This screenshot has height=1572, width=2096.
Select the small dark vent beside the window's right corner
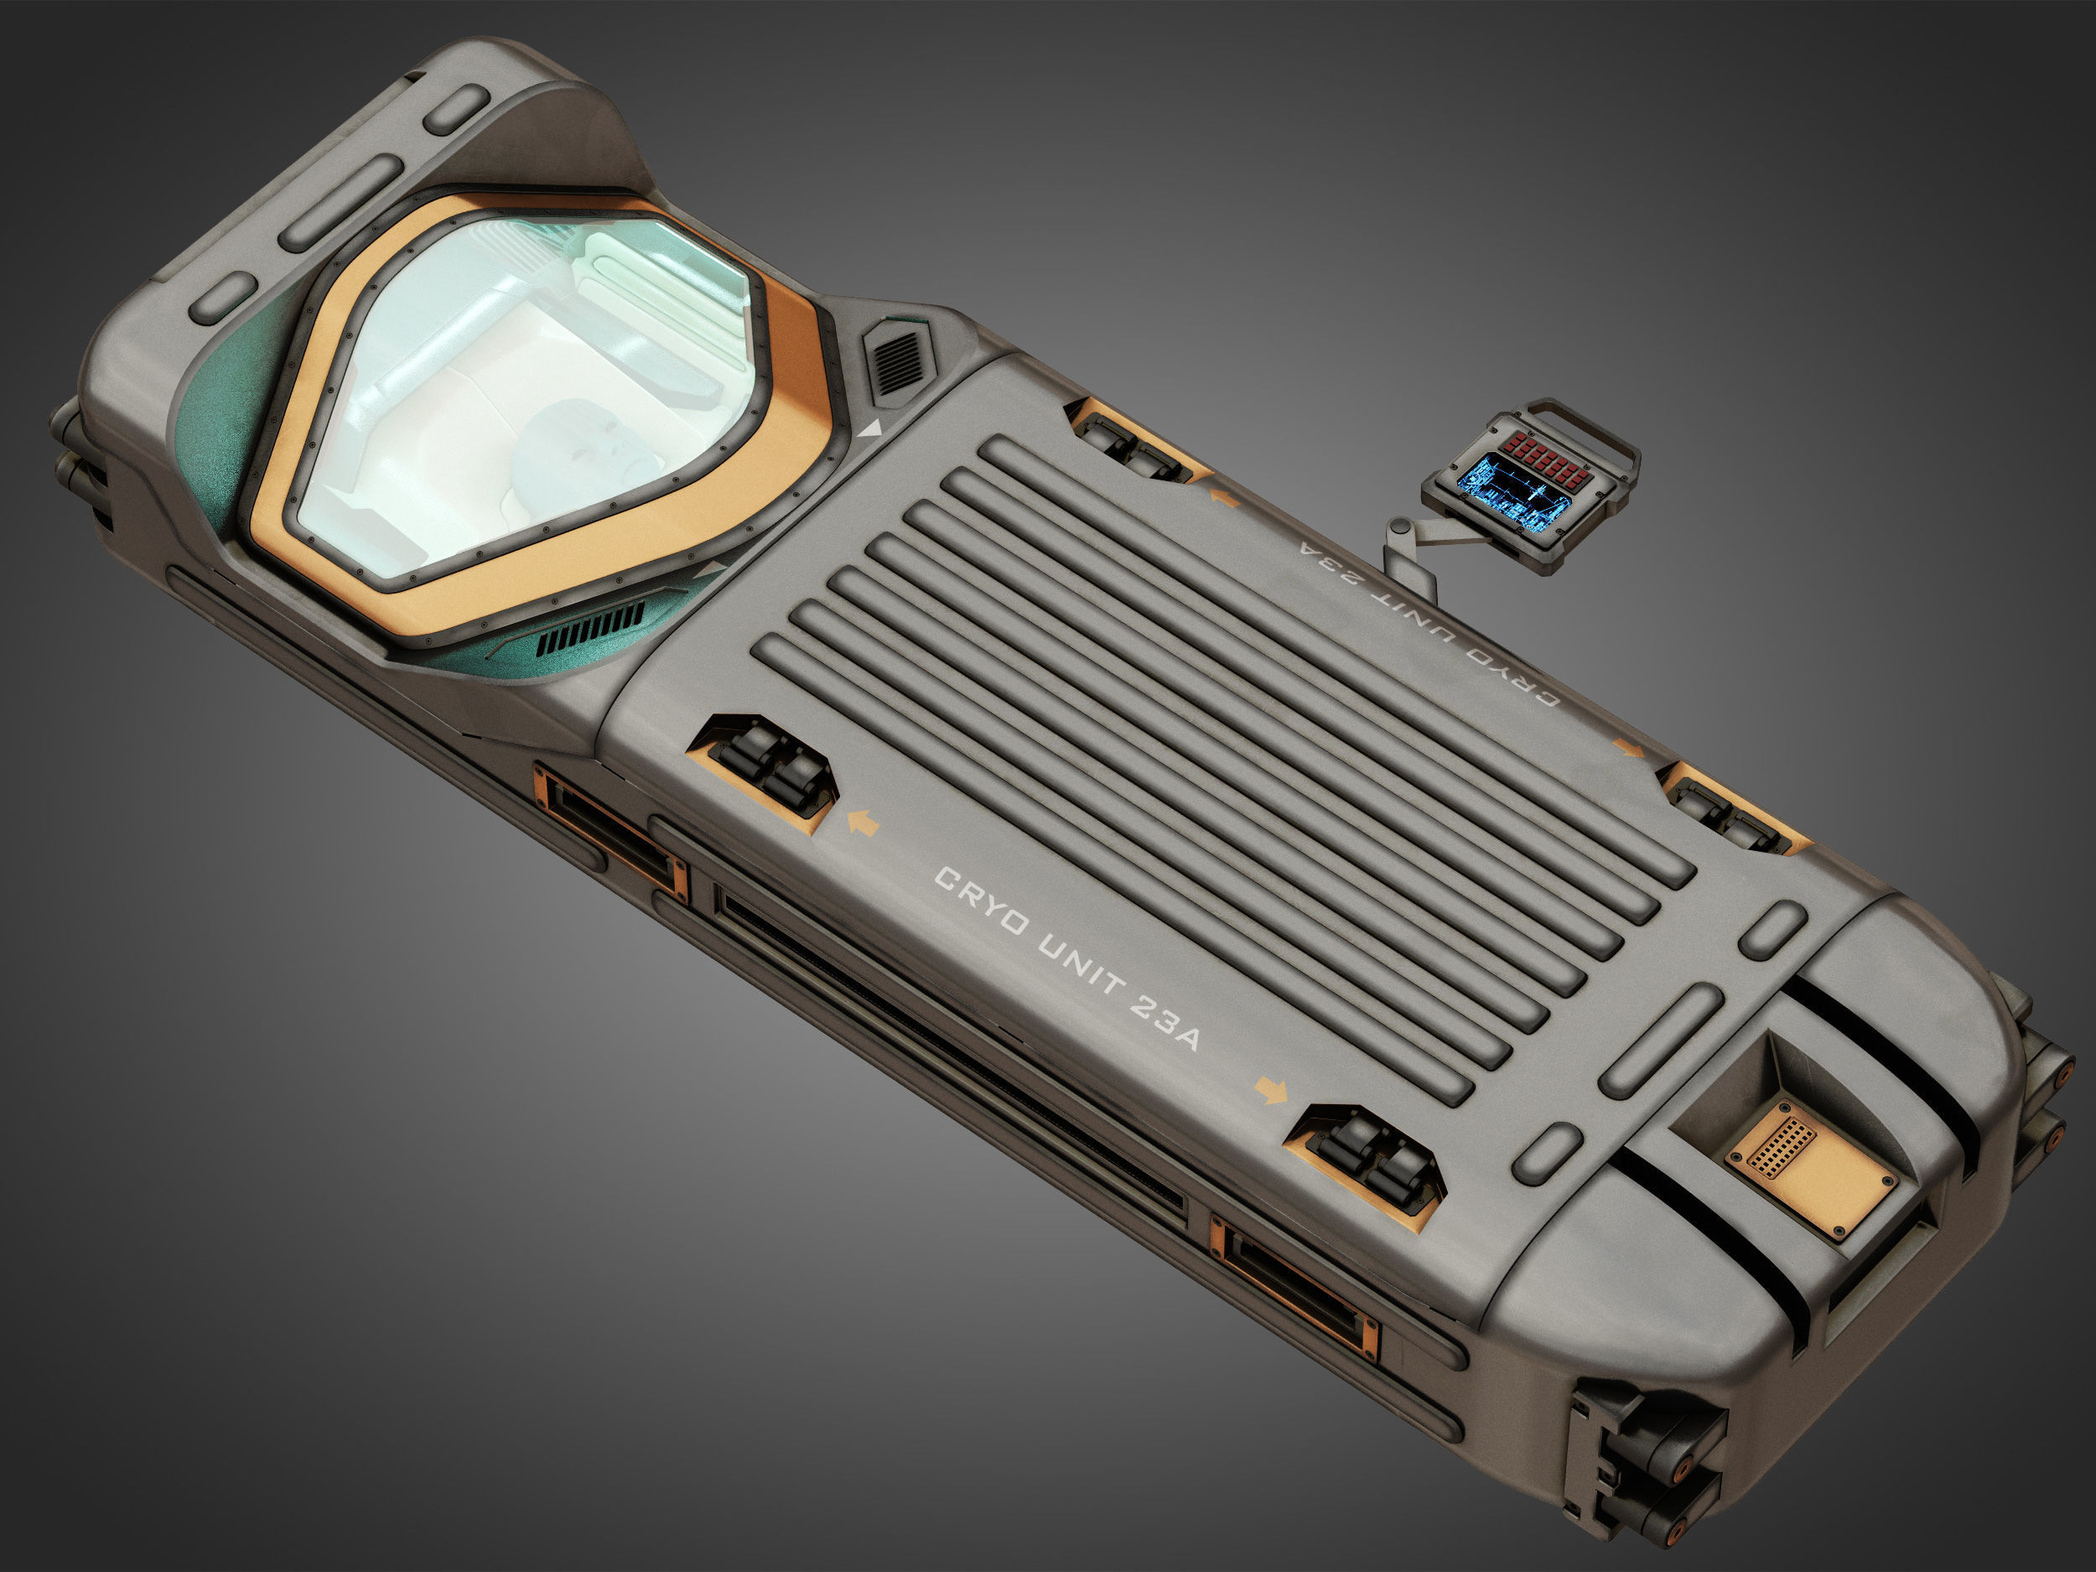point(896,361)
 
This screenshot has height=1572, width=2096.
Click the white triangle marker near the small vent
point(871,429)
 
